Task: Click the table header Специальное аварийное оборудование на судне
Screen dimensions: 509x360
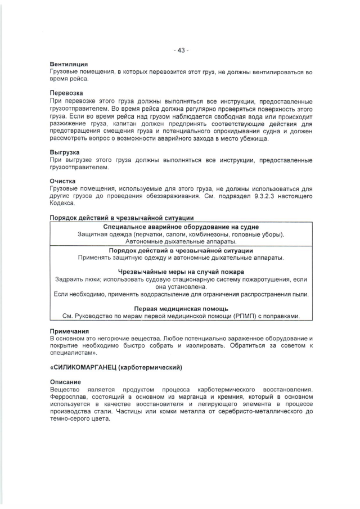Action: pos(181,227)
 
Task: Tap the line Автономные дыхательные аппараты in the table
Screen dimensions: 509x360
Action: pos(181,241)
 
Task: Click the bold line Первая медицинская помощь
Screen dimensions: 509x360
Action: pos(181,309)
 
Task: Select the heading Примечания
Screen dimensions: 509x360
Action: pos(69,331)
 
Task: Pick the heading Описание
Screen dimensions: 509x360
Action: pos(65,382)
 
